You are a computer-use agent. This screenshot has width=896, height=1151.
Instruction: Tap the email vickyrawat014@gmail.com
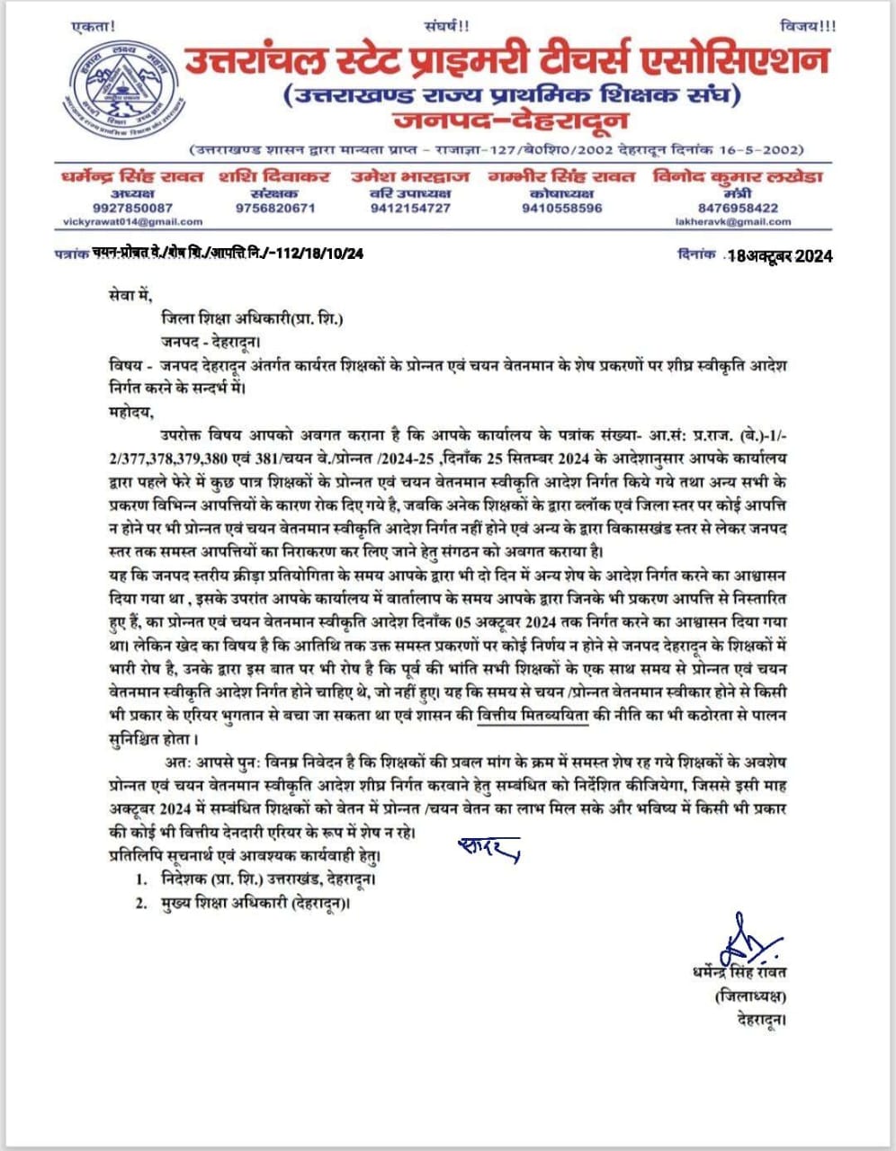click(133, 221)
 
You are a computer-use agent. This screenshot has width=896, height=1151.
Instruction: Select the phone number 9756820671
click(275, 208)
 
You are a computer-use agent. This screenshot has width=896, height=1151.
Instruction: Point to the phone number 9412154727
click(410, 208)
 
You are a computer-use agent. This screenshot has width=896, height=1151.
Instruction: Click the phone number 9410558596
click(561, 208)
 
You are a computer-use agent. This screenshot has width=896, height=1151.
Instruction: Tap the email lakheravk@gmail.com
click(738, 221)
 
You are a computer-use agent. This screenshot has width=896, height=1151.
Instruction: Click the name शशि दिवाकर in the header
click(274, 177)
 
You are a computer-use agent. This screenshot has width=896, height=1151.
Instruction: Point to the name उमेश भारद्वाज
click(410, 177)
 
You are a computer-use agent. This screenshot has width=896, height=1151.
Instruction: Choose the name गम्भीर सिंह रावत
click(561, 177)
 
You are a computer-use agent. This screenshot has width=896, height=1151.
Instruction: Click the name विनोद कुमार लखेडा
click(738, 177)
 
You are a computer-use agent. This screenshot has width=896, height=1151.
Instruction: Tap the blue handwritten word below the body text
click(488, 848)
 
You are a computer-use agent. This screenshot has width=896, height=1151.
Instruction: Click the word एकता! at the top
click(93, 28)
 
